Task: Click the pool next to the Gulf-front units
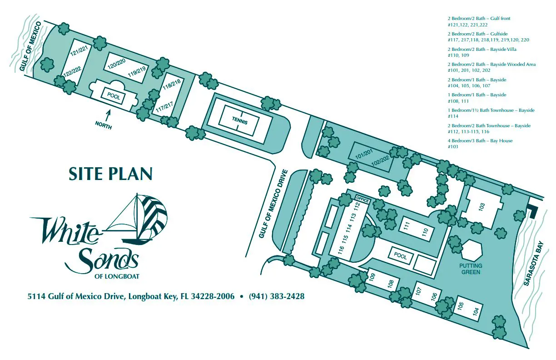pos(113,95)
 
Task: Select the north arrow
pos(108,115)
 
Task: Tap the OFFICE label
pos(362,199)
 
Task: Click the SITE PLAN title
pos(110,174)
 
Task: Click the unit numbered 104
pos(476,312)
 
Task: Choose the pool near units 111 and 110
pos(400,256)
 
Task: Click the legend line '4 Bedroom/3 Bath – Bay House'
pos(480,140)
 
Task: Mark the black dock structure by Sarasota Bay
pos(532,210)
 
